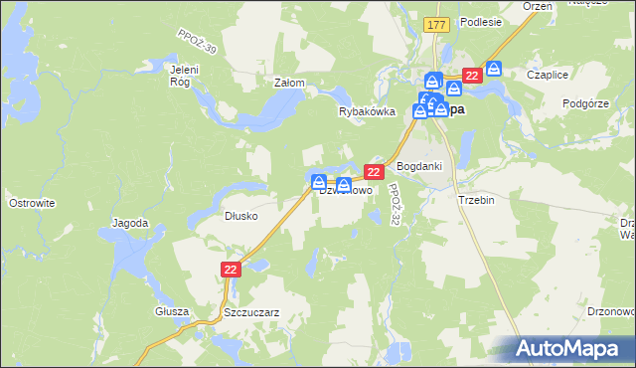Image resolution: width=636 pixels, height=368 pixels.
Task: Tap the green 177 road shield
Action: (434, 24)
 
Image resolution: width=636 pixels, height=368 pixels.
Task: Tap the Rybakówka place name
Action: (368, 112)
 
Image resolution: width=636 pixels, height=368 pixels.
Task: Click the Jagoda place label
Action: (130, 223)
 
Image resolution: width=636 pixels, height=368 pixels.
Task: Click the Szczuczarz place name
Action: (250, 311)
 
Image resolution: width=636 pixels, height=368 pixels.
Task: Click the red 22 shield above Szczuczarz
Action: (230, 270)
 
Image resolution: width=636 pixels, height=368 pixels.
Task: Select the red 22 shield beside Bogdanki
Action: (375, 172)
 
